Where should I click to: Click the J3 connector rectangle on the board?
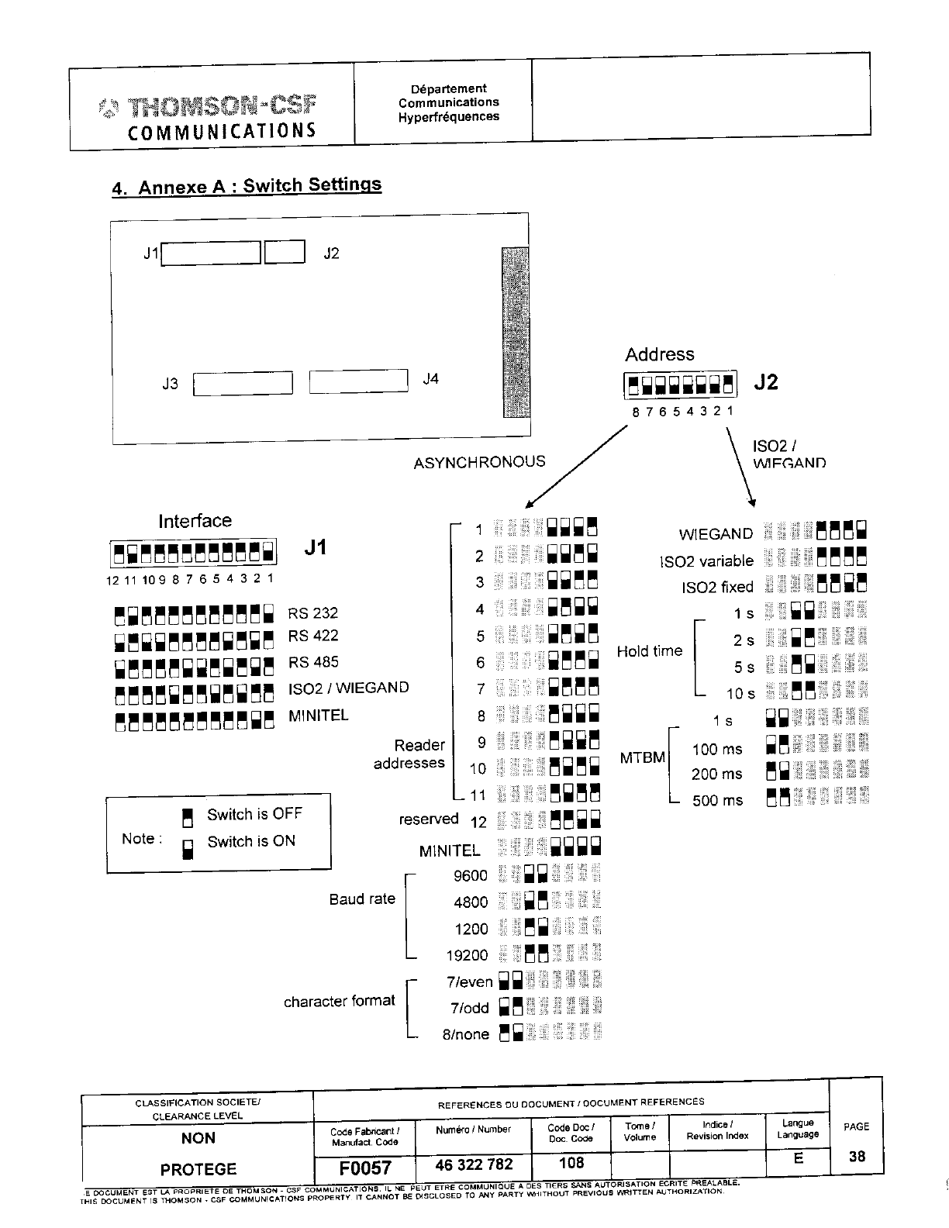[243, 384]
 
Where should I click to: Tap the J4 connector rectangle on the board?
[358, 381]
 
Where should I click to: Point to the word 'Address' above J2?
[660, 354]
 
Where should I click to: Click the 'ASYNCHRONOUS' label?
[479, 462]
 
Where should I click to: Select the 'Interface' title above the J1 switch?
[195, 521]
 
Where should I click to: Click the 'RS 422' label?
[313, 636]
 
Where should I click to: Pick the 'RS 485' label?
[313, 662]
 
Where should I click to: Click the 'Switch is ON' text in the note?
[251, 841]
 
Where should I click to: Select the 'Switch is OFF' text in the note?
[254, 814]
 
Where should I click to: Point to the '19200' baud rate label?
[467, 955]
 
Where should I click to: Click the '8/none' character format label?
[465, 1034]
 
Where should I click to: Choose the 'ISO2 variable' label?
[706, 561]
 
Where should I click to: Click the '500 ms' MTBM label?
[716, 800]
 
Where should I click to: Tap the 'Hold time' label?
[649, 651]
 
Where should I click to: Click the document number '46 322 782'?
[474, 1164]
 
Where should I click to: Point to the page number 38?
[857, 1156]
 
